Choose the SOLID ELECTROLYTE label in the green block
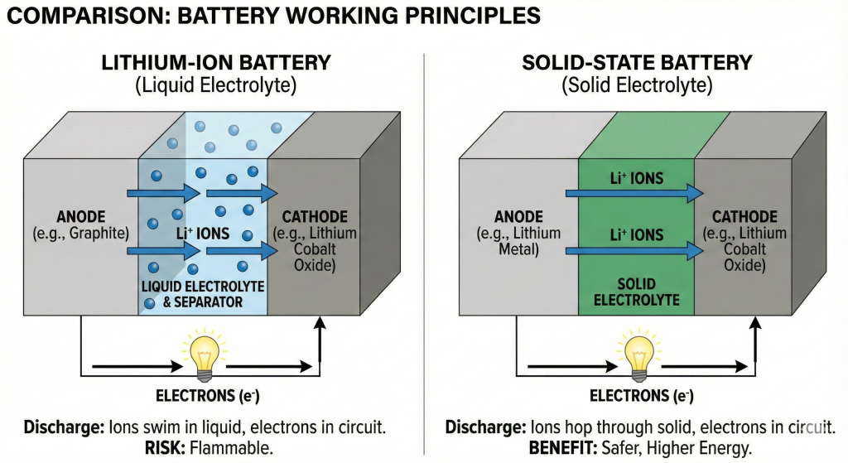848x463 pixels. (x=636, y=292)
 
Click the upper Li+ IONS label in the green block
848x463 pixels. (x=636, y=178)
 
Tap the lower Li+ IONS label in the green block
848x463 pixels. (x=636, y=235)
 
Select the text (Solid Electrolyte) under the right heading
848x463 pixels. (x=636, y=84)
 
